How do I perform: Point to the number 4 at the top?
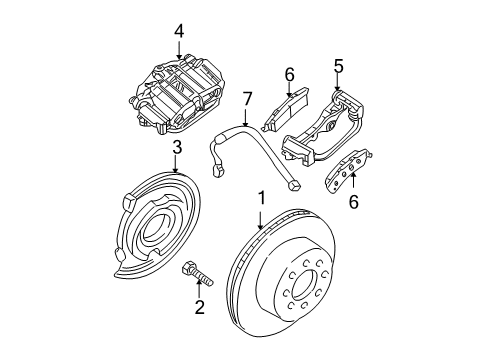click(178, 31)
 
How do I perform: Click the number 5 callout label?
click(338, 66)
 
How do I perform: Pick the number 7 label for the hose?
click(245, 98)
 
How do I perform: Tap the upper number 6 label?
click(288, 74)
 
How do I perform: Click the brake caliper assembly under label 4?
click(178, 95)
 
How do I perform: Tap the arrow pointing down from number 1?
click(261, 221)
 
